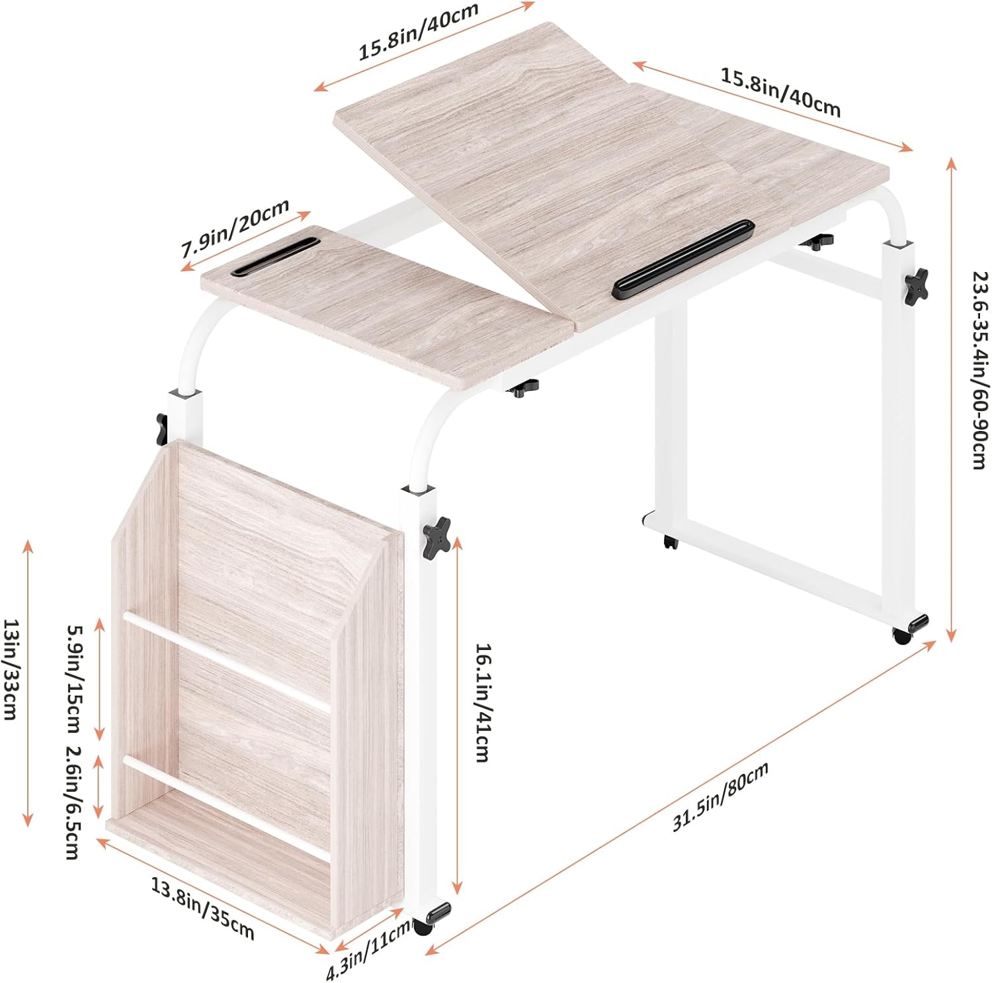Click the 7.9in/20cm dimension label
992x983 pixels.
[x=236, y=228]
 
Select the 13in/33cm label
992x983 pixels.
[x=13, y=669]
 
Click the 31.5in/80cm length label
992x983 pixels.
[x=721, y=796]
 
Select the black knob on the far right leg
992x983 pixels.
[x=917, y=283]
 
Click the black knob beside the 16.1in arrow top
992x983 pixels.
[x=437, y=535]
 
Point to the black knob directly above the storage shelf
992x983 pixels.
[x=161, y=429]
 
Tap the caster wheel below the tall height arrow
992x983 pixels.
[x=911, y=628]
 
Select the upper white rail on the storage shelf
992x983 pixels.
[x=226, y=662]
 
